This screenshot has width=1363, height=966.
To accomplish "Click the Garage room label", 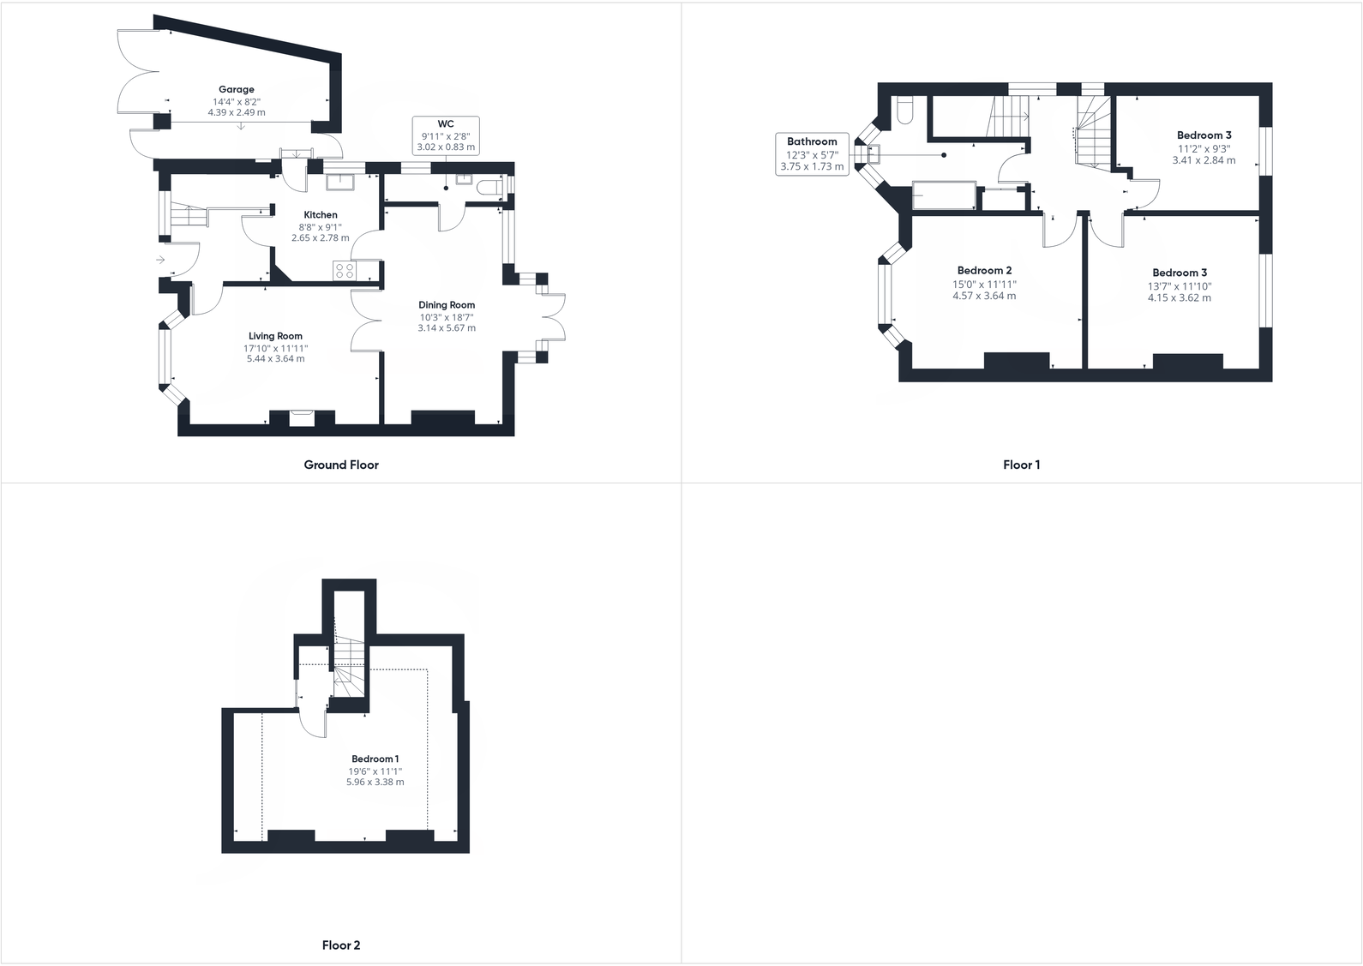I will pyautogui.click(x=236, y=89).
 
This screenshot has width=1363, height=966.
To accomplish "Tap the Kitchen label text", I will pyautogui.click(x=321, y=215).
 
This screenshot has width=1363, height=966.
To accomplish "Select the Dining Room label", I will pyautogui.click(x=447, y=305).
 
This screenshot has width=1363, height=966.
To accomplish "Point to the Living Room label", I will pyautogui.click(x=275, y=337).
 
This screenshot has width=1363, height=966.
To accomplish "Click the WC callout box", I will pyautogui.click(x=446, y=135).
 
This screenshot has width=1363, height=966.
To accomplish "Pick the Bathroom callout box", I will pyautogui.click(x=812, y=154).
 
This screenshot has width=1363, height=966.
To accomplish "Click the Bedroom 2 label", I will pyautogui.click(x=984, y=271).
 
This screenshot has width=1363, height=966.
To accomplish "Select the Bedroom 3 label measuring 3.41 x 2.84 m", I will pyautogui.click(x=1204, y=135).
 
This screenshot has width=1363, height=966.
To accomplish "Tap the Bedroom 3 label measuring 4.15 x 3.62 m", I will pyautogui.click(x=1180, y=273).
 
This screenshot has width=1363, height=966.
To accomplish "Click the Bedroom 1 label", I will pyautogui.click(x=375, y=759).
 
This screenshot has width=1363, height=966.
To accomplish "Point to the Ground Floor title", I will pyautogui.click(x=341, y=465).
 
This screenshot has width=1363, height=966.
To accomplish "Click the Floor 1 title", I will pyautogui.click(x=1021, y=465).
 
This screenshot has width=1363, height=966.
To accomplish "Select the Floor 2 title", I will pyautogui.click(x=341, y=945).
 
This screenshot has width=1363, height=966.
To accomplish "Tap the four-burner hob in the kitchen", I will pyautogui.click(x=345, y=271).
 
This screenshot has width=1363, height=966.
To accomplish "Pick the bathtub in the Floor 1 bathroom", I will pyautogui.click(x=944, y=195).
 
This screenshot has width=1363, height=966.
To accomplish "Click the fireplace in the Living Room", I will pyautogui.click(x=302, y=417).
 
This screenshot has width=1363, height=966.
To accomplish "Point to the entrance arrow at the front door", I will pyautogui.click(x=160, y=260).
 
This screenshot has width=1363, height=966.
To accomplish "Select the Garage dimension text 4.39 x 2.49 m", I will pyautogui.click(x=236, y=112).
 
